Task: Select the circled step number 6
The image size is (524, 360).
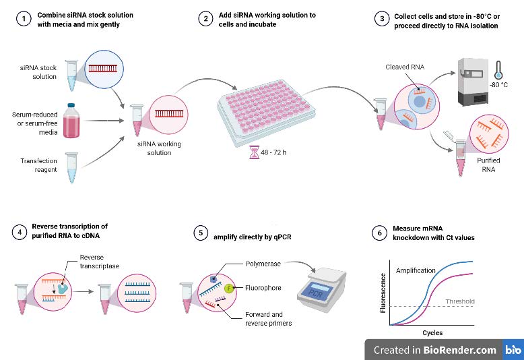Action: [x=380, y=233]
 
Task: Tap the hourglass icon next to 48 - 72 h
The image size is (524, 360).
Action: [x=254, y=153]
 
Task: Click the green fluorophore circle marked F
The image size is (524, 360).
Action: [x=228, y=289]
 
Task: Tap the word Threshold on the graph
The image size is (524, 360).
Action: [x=460, y=301]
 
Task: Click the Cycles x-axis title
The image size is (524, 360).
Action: [x=432, y=333]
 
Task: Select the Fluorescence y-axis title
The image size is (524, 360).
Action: [x=383, y=293]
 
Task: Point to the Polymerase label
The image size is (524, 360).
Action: [x=263, y=264]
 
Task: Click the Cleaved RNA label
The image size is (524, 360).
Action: [x=404, y=67]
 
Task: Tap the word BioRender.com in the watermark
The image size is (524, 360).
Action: [x=459, y=350]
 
